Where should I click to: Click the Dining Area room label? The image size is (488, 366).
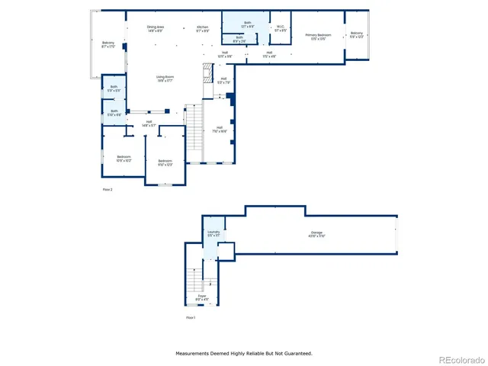(156, 28)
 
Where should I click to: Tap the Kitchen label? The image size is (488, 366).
(202, 28)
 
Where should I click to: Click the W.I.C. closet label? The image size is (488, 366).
(279, 28)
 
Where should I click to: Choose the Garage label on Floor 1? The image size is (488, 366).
(316, 233)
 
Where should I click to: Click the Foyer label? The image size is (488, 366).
(203, 296)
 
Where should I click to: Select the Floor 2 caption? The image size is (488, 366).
(108, 189)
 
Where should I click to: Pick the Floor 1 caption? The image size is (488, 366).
(191, 317)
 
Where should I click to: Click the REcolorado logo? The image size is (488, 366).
(459, 359)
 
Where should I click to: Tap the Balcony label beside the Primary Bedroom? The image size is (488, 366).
(357, 34)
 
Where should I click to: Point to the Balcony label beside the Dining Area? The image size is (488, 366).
(108, 43)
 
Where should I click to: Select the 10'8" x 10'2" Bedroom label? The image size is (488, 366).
(124, 158)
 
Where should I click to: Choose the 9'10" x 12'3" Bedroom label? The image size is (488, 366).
(165, 161)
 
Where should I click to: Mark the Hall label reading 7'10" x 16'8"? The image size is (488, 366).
(220, 128)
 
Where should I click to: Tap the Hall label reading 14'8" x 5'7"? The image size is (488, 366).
(148, 123)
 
